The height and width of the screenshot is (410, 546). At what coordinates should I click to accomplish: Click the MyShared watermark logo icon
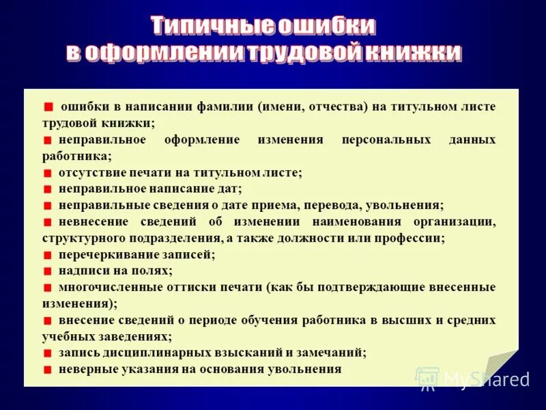click(427, 378)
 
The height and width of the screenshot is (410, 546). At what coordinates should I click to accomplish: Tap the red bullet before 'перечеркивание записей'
click(47, 255)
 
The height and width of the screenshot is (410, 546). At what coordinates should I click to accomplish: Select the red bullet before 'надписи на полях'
click(47, 271)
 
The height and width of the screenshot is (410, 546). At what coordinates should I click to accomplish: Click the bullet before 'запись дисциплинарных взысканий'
click(47, 353)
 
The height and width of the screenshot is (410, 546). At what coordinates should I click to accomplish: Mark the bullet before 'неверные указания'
click(47, 370)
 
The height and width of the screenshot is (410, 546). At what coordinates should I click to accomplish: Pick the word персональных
click(386, 139)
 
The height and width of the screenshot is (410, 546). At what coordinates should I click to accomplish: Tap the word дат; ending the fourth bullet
click(229, 189)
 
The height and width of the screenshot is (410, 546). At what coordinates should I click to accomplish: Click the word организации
click(454, 221)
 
